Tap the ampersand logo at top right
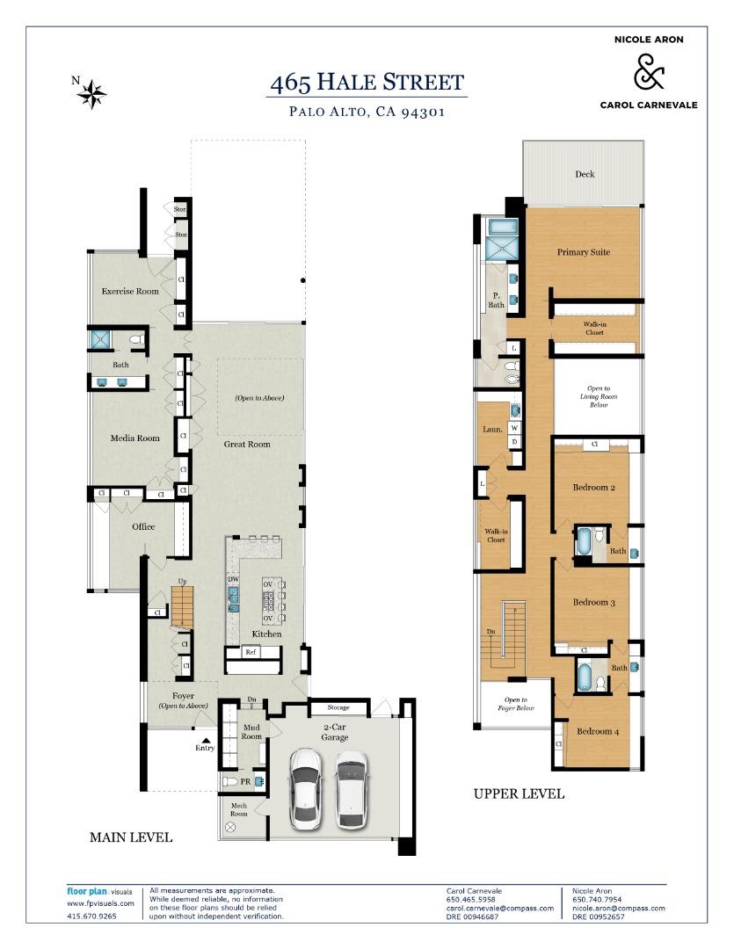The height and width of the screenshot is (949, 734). point(649,72)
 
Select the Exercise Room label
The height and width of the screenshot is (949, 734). point(130,291)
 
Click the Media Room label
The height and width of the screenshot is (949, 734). point(134,438)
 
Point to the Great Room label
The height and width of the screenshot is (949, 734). point(246,444)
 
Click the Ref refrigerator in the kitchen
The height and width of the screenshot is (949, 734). point(251,652)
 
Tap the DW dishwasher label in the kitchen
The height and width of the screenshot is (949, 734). point(234,579)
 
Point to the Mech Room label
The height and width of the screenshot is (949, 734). point(239,808)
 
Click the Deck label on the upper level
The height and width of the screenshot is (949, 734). point(585,174)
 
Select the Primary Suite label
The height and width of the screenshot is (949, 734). point(583,252)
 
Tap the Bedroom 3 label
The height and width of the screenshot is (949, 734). point(593,603)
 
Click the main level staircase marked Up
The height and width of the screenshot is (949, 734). point(182,606)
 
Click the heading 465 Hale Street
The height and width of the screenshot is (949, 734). point(367,83)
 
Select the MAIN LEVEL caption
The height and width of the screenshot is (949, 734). point(131,837)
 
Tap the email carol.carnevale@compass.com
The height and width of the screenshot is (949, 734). point(499,908)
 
